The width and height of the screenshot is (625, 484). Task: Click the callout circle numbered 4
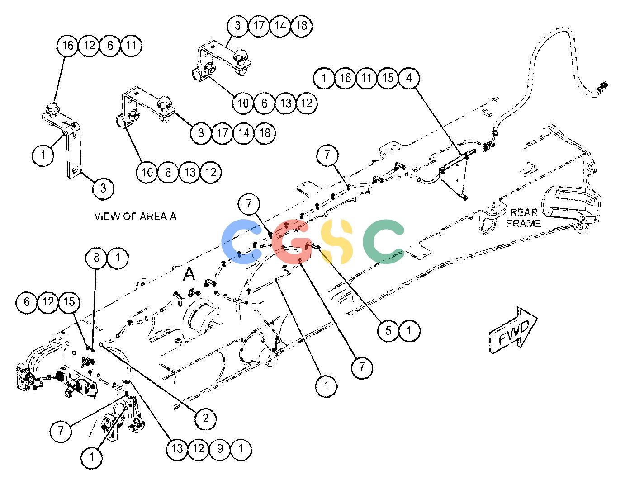(x=409, y=78)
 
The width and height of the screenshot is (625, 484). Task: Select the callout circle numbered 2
(x=205, y=418)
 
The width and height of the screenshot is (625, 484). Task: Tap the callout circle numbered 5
(x=388, y=330)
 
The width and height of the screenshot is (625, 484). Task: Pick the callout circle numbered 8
(x=96, y=258)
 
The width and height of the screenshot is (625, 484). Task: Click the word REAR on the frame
(x=524, y=212)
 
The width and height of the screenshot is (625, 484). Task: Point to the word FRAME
(x=524, y=223)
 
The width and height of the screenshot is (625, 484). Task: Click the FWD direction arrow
(x=512, y=330)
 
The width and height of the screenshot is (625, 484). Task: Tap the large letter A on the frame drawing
(x=189, y=273)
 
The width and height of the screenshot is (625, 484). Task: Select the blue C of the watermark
(x=241, y=241)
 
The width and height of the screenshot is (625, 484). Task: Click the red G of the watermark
(x=292, y=241)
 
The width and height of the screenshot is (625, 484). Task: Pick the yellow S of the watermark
(x=336, y=241)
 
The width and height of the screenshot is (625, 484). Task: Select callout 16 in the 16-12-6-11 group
(x=68, y=45)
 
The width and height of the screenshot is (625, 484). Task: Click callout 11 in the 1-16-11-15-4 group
(x=366, y=78)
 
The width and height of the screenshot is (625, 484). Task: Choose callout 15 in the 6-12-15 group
(x=69, y=302)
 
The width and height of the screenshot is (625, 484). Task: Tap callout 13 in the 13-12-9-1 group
(x=177, y=449)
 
